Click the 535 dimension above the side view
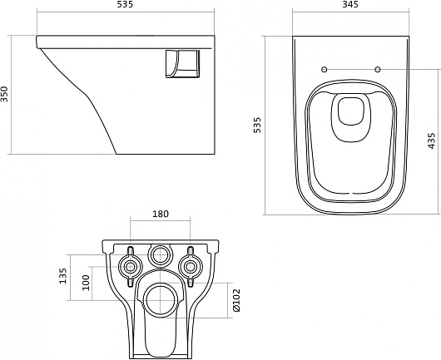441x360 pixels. (x=124, y=4)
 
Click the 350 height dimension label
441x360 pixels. (x=5, y=94)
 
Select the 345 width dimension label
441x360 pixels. (x=350, y=4)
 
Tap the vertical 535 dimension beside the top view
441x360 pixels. (x=257, y=125)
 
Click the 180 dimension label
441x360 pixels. (x=161, y=214)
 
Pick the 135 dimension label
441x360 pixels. (x=63, y=276)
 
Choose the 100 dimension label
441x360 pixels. (x=86, y=283)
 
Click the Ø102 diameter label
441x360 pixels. (x=236, y=300)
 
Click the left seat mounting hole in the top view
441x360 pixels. (x=325, y=69)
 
